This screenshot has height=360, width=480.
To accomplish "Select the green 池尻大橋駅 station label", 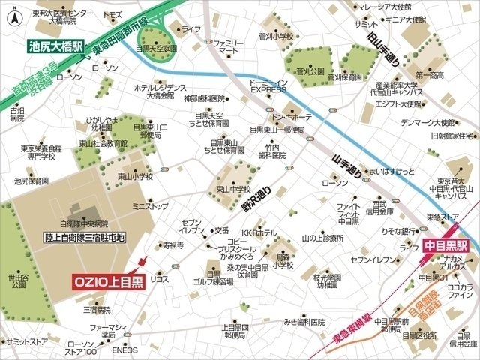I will click(57, 46).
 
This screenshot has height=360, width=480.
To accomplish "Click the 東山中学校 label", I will click(232, 188).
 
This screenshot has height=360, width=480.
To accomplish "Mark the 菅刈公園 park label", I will click(310, 73).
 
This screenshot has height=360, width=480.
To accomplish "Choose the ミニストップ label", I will click(150, 205).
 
